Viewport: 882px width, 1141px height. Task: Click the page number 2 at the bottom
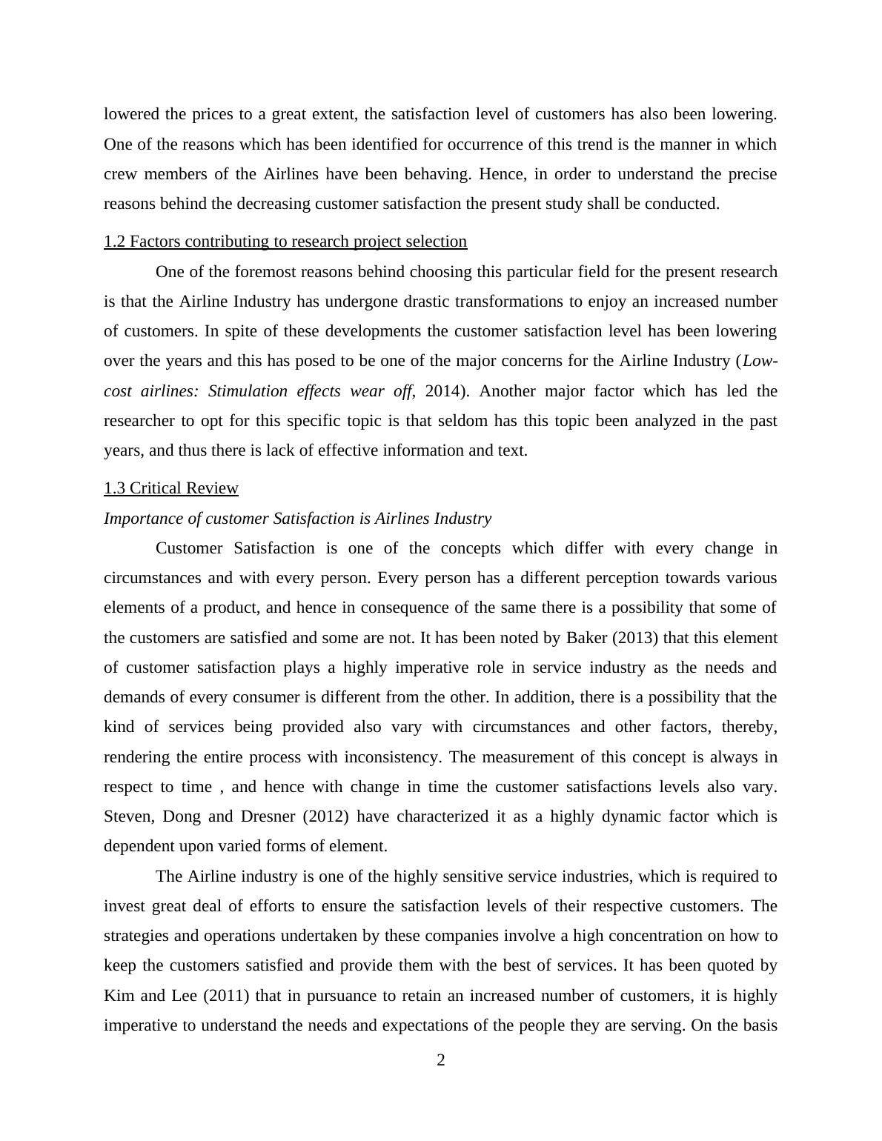click(441, 1060)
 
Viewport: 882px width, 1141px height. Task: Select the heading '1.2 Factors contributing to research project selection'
click(285, 242)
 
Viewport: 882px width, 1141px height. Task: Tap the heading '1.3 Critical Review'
click(171, 488)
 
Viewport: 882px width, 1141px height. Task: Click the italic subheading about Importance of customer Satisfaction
click(297, 519)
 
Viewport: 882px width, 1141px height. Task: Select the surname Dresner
click(268, 816)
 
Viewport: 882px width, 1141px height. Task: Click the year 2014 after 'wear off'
click(442, 391)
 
